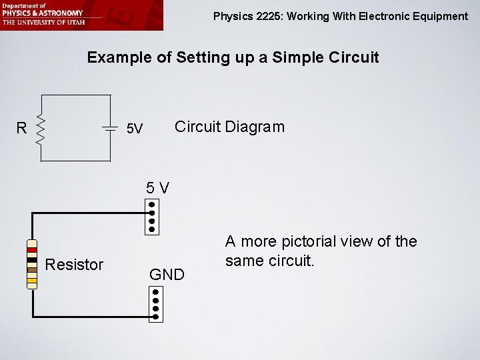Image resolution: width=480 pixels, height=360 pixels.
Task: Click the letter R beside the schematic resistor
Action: click(22, 127)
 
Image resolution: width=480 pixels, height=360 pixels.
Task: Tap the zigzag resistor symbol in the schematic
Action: click(41, 128)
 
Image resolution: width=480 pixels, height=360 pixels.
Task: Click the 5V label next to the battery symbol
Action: click(135, 128)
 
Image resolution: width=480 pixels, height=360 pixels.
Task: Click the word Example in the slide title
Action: click(117, 57)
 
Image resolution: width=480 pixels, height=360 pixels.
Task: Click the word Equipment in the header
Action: click(436, 16)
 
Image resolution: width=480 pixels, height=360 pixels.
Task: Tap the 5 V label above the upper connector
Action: click(158, 188)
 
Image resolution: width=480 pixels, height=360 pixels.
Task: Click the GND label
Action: click(167, 274)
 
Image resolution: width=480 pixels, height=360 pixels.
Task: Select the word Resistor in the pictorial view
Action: click(74, 265)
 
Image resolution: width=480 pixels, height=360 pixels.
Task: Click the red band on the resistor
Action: click(32, 250)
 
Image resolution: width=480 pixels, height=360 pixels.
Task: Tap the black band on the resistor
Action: click(32, 257)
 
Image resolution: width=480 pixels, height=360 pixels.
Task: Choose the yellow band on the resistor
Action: click(32, 281)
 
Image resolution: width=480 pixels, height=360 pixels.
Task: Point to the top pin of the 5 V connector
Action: click(153, 205)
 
